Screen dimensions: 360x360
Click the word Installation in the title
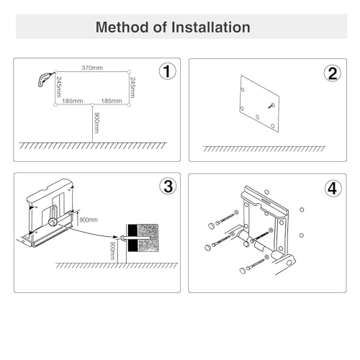coord(211,27)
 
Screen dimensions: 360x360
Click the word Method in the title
coord(122,27)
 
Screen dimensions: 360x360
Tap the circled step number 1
coord(167,71)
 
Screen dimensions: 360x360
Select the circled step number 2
coord(333,73)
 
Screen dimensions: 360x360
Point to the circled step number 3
coord(168,186)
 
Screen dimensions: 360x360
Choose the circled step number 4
coord(333,189)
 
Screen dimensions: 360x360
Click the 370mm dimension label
coord(92,68)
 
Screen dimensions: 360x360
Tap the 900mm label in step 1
coord(96,122)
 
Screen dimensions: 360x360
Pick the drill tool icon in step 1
coord(45,78)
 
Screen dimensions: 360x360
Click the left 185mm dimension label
coord(73,101)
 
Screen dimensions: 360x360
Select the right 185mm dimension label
coord(112,101)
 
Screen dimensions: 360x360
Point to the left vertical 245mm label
coord(58,87)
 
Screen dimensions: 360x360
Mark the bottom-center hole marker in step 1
coord(92,104)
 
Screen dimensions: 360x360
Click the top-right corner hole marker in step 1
coord(129,72)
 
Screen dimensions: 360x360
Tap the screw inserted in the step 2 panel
coord(271,105)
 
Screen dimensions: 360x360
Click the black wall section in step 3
coord(132,238)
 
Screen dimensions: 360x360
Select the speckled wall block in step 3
coord(148,238)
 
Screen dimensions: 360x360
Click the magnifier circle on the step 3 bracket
coord(53,222)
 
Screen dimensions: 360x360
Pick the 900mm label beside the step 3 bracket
coord(89,220)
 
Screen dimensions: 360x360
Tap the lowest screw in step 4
coord(254,264)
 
